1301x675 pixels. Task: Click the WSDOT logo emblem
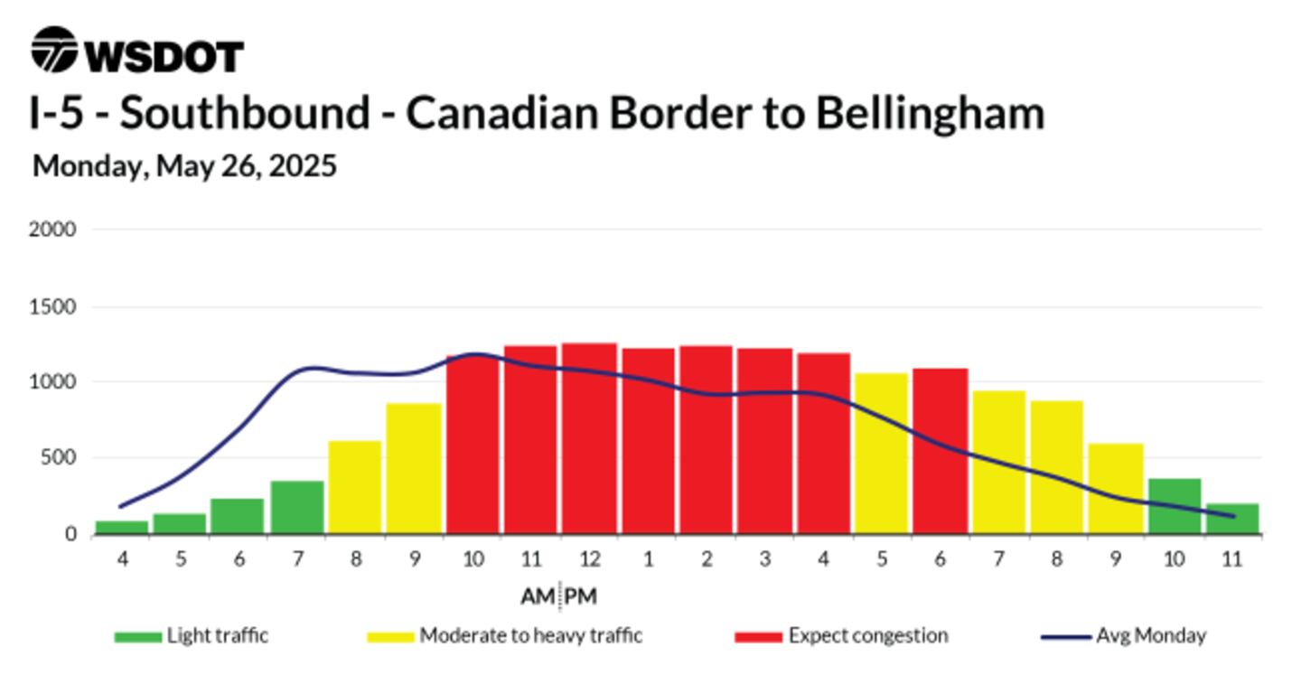54,50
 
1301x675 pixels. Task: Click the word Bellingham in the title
931,113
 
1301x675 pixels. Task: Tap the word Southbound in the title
245,112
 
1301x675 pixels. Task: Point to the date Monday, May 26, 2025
184,166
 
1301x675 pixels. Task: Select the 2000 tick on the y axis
52,230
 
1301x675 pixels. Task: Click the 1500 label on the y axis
52,306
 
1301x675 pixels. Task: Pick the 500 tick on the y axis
58,458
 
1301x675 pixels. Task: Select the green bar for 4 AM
122,528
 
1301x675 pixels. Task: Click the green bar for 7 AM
297,507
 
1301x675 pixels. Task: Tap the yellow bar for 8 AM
355,487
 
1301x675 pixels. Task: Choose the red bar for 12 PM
589,438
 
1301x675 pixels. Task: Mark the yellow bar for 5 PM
882,454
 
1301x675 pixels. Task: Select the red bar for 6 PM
941,452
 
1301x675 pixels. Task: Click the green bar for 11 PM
1232,519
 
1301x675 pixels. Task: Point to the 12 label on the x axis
589,559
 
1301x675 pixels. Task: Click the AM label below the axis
538,596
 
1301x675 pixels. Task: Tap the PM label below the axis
581,596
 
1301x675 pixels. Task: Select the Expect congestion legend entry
842,636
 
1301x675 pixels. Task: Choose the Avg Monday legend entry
1124,636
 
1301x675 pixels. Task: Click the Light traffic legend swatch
138,637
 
